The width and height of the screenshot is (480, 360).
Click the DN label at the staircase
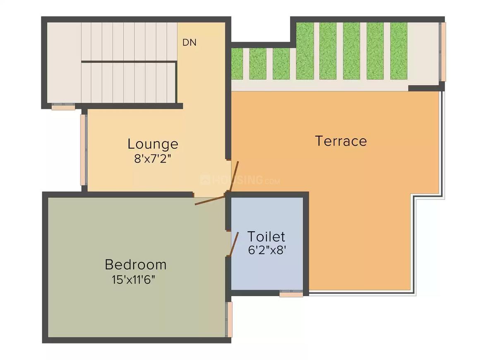(190, 42)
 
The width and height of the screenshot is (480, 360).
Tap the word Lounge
(153, 144)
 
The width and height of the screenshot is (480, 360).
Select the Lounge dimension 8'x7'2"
(152, 158)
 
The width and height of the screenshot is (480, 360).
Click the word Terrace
(341, 141)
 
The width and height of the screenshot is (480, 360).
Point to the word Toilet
(266, 236)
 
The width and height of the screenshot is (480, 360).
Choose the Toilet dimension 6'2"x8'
(267, 250)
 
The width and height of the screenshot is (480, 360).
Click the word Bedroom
(136, 264)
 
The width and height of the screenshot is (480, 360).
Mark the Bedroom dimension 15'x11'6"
(134, 279)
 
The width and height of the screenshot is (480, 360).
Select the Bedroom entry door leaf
(210, 200)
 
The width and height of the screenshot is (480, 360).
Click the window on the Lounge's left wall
(83, 150)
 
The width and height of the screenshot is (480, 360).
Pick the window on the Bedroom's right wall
(229, 319)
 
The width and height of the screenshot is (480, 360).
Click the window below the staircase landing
(63, 107)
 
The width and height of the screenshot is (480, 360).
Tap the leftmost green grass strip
(237, 64)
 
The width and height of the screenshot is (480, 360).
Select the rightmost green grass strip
(398, 51)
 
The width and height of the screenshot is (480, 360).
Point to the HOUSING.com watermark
(240, 180)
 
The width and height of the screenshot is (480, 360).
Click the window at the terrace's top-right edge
(443, 52)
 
